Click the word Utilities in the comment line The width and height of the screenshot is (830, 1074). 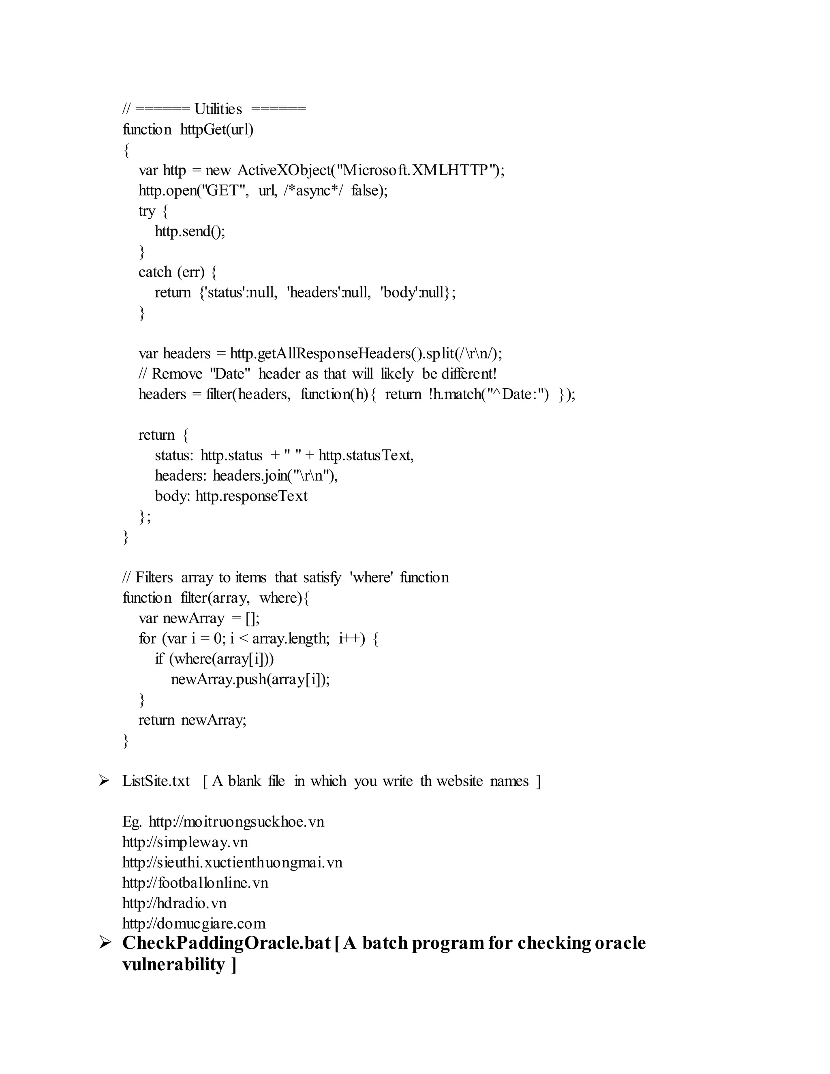coord(218,109)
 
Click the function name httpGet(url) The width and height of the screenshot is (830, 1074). coord(217,129)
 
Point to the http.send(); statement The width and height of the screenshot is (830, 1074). coord(190,231)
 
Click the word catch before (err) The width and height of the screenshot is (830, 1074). coord(155,272)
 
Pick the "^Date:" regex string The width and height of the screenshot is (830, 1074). coord(517,394)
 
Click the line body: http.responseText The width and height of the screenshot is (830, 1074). coord(231,496)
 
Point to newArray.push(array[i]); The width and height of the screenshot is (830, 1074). coord(250,680)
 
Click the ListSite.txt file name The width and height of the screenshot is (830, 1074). coord(156,781)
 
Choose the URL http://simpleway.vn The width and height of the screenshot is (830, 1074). coord(185,843)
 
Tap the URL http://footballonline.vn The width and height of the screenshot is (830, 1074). coord(195,883)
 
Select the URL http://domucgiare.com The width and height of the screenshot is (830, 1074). coord(194,924)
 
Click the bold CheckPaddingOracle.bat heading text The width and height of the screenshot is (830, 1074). coord(226,943)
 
